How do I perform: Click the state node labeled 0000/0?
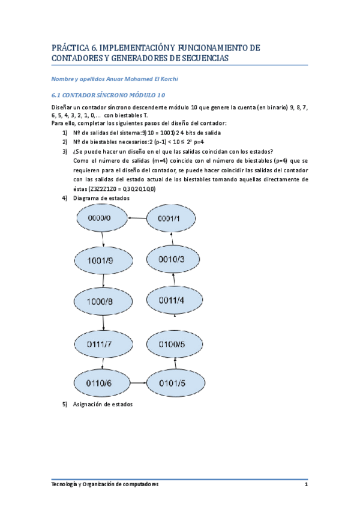[x=100, y=218]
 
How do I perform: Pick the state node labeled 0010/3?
[x=172, y=259]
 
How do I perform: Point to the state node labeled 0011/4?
[x=173, y=300]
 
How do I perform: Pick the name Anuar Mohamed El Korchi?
[x=141, y=78]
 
